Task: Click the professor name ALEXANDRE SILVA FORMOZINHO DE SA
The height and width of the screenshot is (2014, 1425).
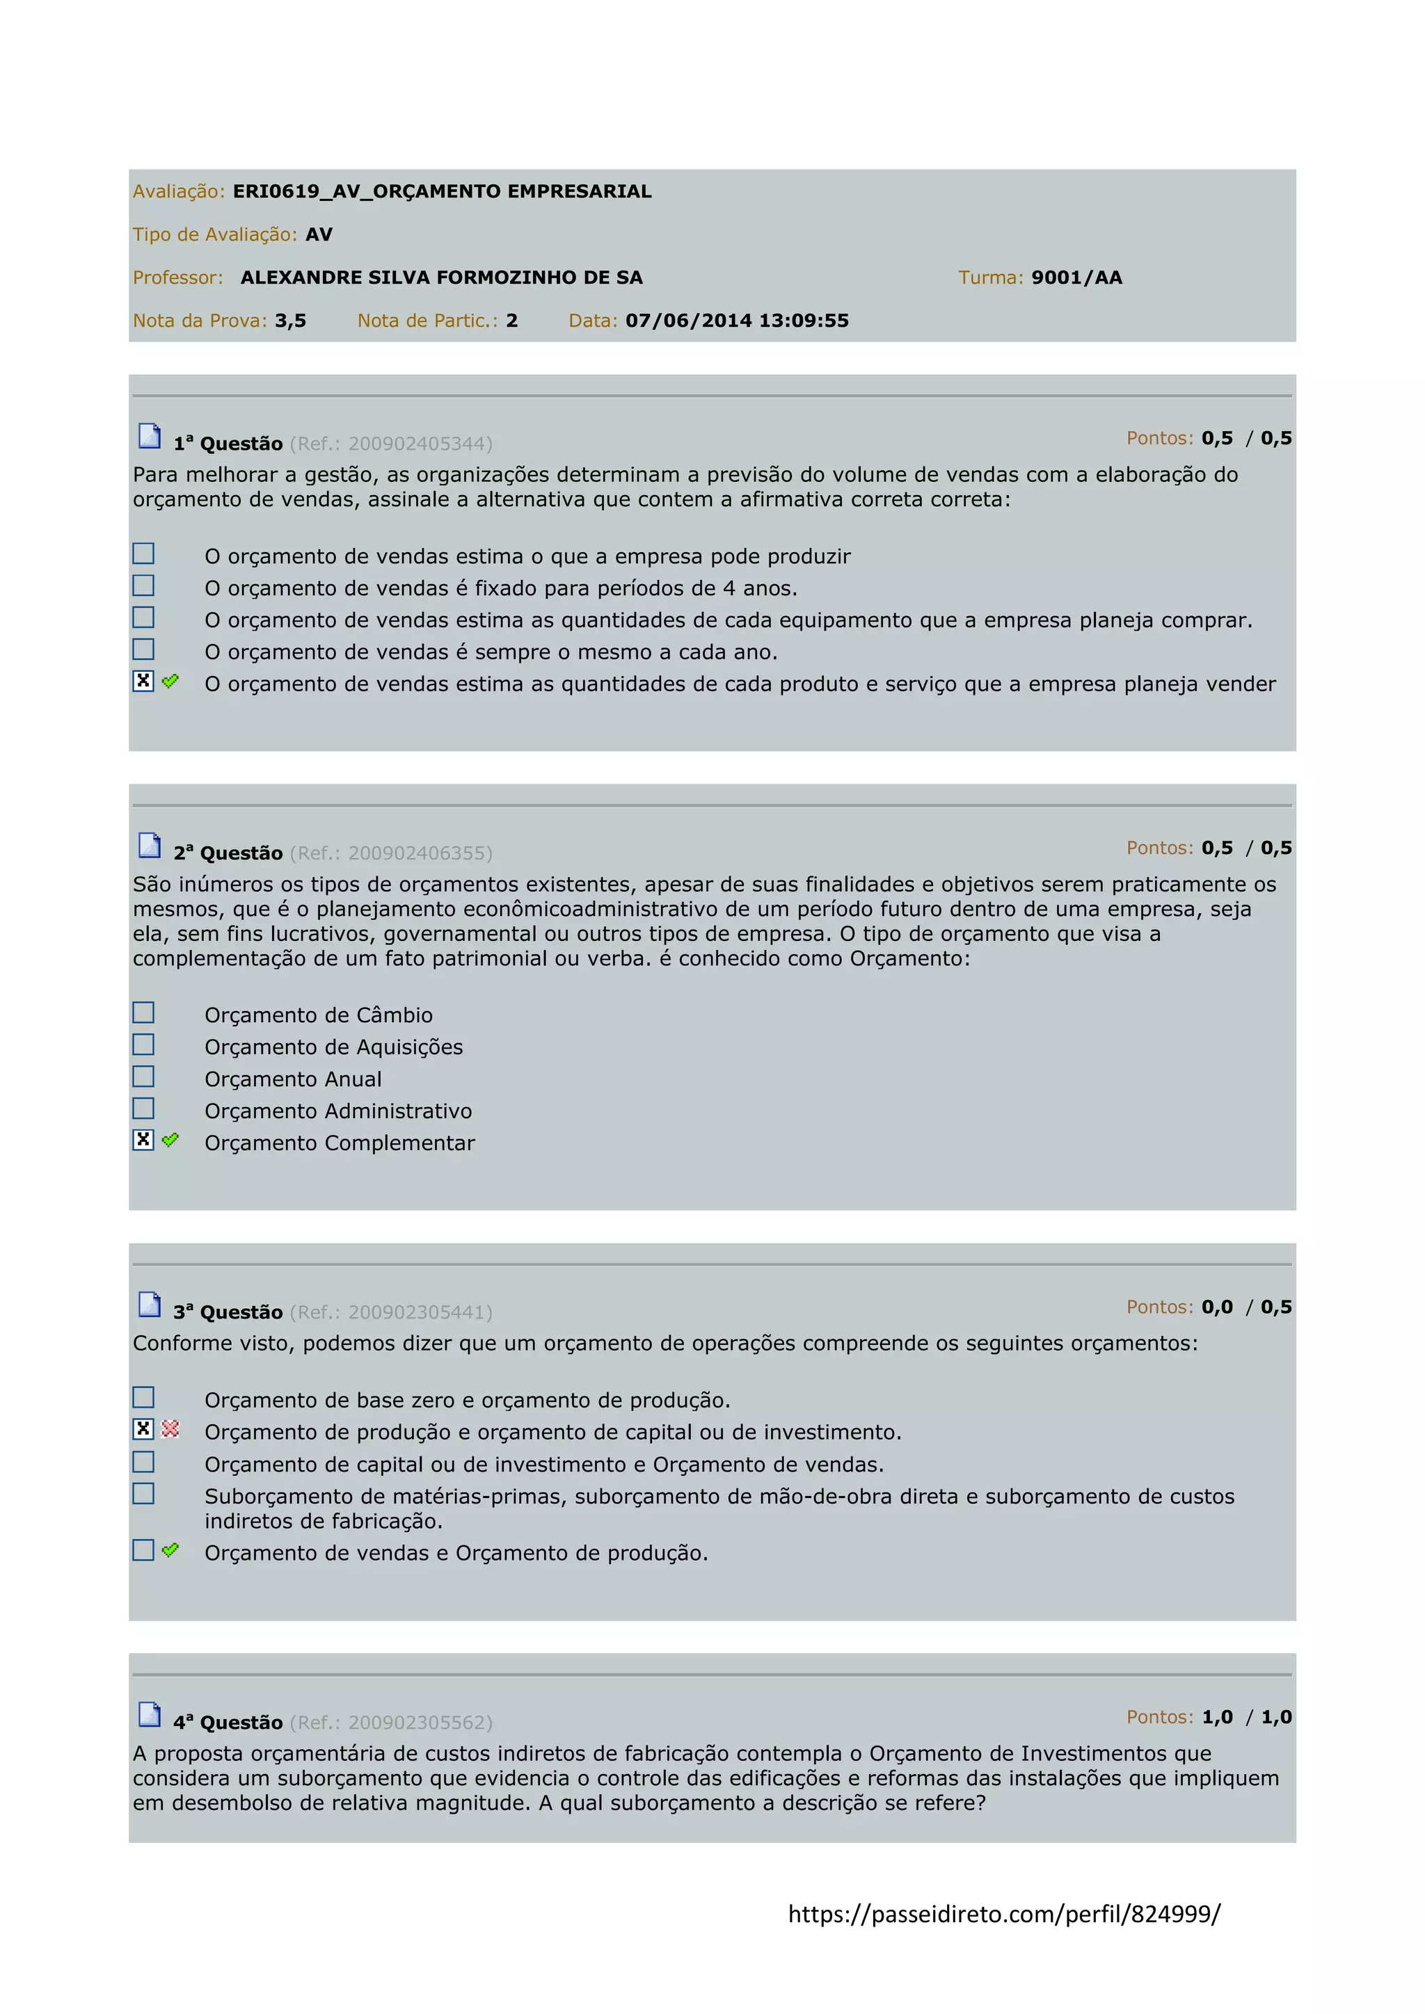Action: (441, 277)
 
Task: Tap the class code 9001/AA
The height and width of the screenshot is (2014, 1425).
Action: (1076, 277)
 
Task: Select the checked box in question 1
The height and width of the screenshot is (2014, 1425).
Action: (143, 681)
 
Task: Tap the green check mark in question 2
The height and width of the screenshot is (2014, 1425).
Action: (170, 1139)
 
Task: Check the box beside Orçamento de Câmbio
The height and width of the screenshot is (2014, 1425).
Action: (143, 1013)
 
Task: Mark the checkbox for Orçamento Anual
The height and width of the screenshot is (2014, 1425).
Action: (143, 1077)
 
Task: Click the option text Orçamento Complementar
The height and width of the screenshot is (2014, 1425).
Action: (340, 1143)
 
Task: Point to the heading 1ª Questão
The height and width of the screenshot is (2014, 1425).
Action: (228, 444)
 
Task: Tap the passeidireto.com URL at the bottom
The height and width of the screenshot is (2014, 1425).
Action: (1004, 1914)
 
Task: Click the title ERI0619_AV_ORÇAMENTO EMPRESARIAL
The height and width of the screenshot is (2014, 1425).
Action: (443, 191)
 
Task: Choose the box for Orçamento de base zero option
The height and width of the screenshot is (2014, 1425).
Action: (143, 1396)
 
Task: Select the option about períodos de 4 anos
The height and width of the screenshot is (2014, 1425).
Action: (501, 588)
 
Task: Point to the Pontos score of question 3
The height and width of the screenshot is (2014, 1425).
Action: (1217, 1307)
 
